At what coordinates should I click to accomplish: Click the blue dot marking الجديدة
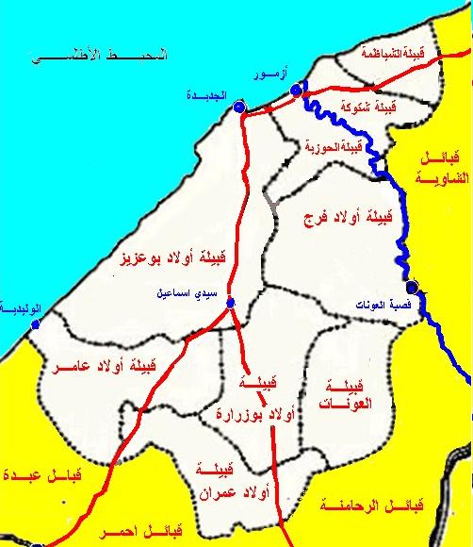(x=237, y=108)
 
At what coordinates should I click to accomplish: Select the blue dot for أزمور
(x=295, y=91)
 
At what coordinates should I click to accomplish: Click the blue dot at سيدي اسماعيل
(x=230, y=303)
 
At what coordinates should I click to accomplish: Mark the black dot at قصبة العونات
(x=412, y=288)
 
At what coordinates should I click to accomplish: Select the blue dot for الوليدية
(x=35, y=324)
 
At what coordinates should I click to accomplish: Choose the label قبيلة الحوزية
(x=336, y=147)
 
